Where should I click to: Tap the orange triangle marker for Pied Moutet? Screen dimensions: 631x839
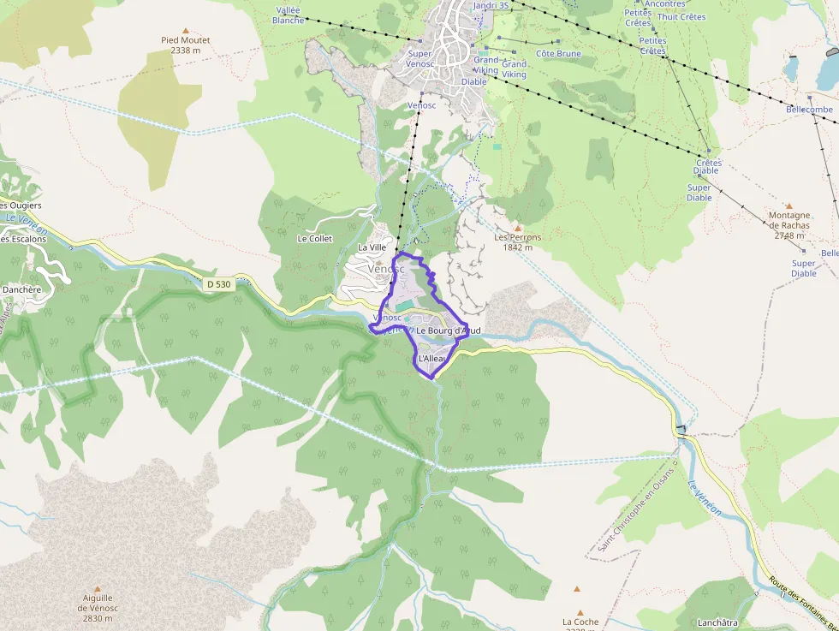[x=186, y=30]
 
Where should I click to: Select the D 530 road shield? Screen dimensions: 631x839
[x=220, y=283]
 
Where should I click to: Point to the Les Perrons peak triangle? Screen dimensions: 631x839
[x=517, y=227]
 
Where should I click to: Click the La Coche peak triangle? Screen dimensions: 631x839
[x=577, y=589]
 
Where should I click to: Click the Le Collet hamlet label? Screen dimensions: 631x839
[x=314, y=239]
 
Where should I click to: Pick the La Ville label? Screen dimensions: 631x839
[x=372, y=247]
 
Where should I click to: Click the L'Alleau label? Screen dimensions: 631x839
[x=432, y=358]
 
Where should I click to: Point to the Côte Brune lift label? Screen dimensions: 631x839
[x=558, y=54]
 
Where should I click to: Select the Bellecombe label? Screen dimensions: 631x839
[x=809, y=110]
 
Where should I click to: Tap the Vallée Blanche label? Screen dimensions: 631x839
[x=288, y=15]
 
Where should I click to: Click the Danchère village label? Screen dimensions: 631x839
[x=21, y=289]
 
